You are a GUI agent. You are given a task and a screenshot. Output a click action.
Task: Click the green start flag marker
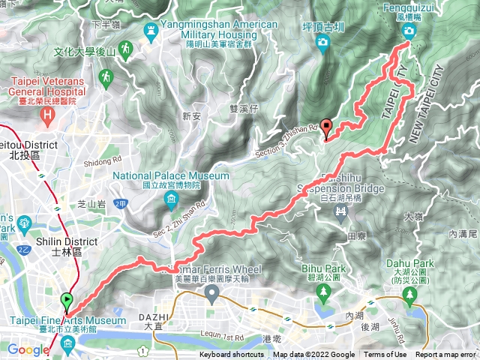(x=68, y=301)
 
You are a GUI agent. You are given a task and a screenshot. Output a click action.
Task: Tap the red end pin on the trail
(x=325, y=127)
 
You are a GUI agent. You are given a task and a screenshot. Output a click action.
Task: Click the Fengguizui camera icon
(x=409, y=31)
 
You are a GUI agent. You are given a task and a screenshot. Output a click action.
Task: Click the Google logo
(x=28, y=349)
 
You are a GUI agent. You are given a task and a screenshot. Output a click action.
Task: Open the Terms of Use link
(x=385, y=355)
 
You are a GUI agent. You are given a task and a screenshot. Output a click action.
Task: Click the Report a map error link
(x=446, y=355)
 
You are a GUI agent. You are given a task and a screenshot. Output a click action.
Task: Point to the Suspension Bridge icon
(x=341, y=212)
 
